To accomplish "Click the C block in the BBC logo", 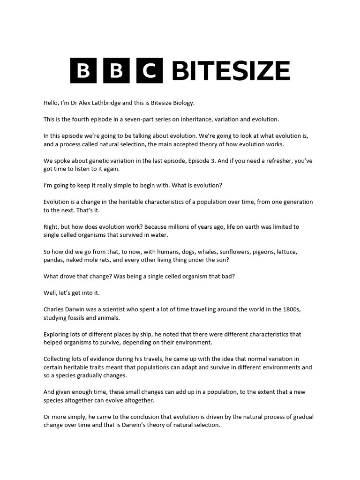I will [150, 71].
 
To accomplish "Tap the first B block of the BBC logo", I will [82, 71].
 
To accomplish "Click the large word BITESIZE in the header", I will [231, 71].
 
